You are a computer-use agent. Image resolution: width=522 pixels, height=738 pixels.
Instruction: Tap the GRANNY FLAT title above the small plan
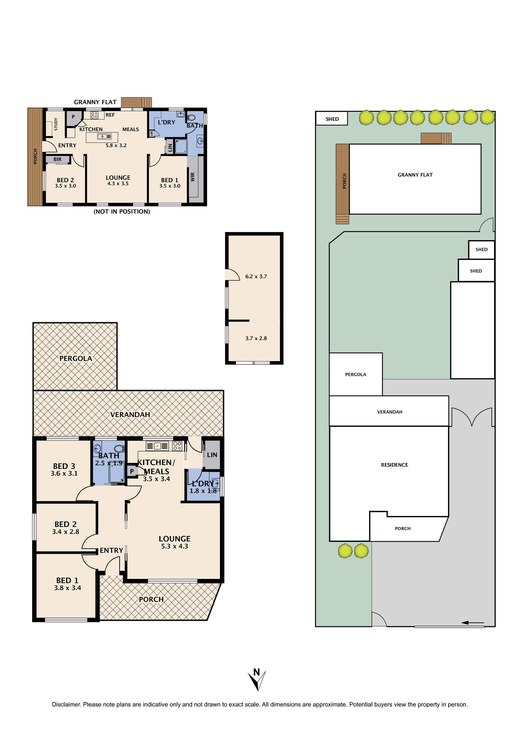(95, 102)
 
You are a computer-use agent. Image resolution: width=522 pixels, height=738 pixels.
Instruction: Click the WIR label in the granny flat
(193, 177)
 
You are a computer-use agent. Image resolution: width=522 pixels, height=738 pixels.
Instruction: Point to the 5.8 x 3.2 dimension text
(116, 145)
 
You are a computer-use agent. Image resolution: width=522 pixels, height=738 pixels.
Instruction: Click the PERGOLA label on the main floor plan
(76, 358)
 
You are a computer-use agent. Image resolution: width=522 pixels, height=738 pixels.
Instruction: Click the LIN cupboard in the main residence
(212, 455)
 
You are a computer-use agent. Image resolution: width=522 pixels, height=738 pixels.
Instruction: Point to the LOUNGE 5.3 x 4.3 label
(175, 542)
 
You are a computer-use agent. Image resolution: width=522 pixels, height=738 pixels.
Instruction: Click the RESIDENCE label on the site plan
(394, 465)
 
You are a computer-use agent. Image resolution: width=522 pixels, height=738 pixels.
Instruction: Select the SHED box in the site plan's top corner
(332, 119)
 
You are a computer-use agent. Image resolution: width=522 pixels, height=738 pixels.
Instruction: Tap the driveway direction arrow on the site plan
(473, 623)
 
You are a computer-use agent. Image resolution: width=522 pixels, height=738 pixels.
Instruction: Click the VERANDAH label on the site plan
(390, 412)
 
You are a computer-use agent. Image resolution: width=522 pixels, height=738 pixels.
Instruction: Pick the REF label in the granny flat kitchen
(110, 115)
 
